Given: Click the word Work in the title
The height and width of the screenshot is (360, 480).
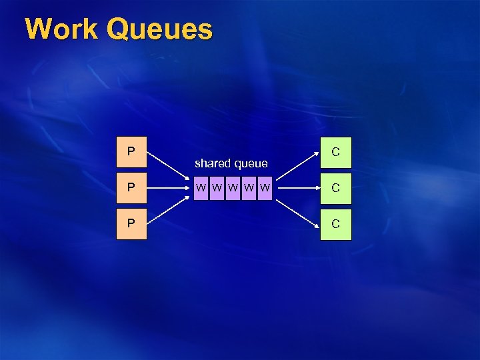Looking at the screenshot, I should [x=63, y=29].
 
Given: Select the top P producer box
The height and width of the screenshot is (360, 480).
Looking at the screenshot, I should [x=131, y=152].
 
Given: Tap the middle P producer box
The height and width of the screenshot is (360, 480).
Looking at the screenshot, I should [x=131, y=188].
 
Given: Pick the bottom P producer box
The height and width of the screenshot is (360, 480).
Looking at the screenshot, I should [x=131, y=224].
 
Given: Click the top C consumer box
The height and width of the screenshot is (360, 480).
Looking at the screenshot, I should [x=335, y=152].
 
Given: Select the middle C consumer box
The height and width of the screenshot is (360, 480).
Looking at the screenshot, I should [x=335, y=188].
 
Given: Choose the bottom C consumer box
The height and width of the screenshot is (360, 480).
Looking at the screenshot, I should [x=335, y=224].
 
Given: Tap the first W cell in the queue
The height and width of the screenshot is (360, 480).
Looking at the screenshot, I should [x=200, y=188].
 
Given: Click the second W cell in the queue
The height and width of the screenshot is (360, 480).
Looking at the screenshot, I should [x=216, y=188].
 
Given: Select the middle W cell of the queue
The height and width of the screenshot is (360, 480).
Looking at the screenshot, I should [x=232, y=188].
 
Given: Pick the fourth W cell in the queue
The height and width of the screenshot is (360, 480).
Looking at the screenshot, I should [x=248, y=188].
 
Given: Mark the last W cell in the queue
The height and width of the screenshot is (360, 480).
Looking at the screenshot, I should [x=265, y=188].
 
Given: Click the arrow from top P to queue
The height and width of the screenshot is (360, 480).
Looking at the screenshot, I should [x=167, y=168].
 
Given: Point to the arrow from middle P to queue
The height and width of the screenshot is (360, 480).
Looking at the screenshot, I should [x=167, y=188].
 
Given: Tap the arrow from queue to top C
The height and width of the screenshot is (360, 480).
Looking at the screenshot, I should [x=297, y=169].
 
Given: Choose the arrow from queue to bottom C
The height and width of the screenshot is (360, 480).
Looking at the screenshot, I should [x=297, y=207].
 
